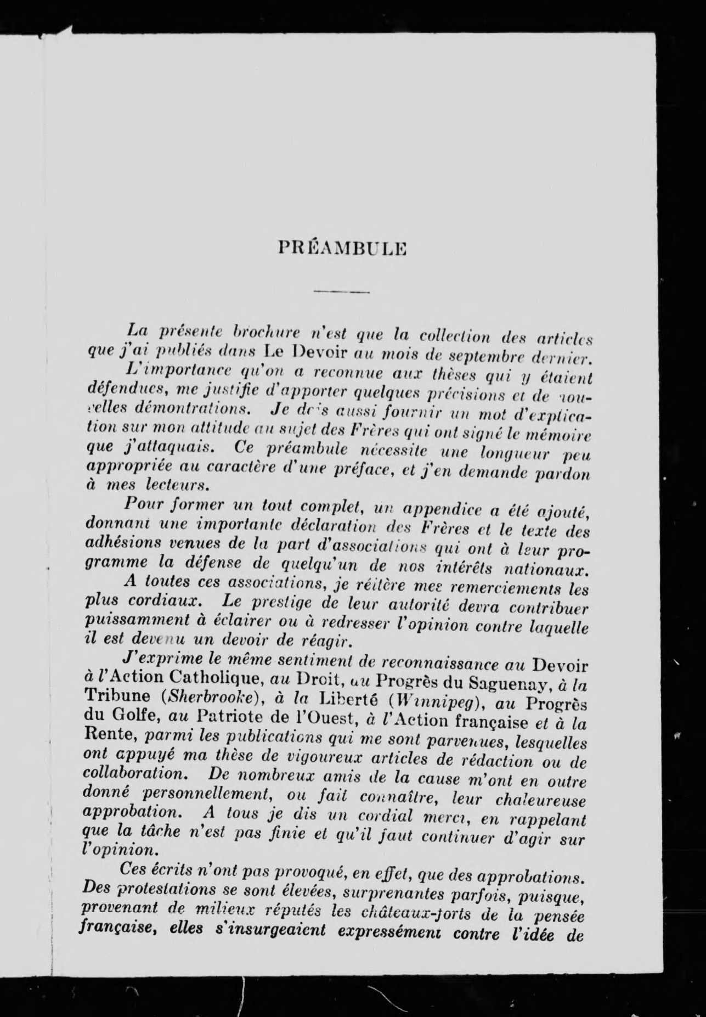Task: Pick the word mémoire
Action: [x=558, y=437]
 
